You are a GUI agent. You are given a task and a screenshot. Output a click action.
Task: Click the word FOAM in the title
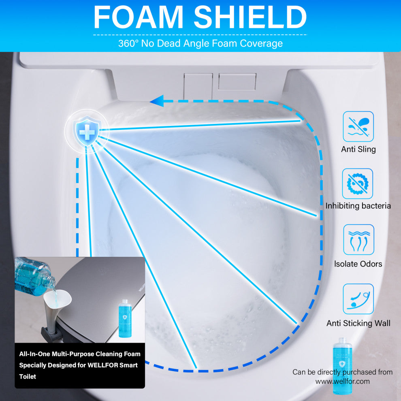tap(139, 17)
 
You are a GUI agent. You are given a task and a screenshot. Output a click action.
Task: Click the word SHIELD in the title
tap(250, 17)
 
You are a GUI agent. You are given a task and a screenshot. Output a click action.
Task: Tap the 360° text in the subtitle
tap(128, 43)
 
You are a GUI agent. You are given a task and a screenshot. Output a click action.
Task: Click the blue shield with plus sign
tap(87, 131)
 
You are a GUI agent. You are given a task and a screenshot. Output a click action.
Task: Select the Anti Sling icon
tap(358, 127)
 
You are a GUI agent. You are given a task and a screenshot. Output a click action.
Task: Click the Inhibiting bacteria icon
tap(358, 183)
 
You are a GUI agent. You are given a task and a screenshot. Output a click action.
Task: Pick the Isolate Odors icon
tap(358, 240)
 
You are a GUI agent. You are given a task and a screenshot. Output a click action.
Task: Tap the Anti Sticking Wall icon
tap(358, 299)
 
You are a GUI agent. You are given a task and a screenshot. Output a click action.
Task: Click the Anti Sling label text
tap(358, 149)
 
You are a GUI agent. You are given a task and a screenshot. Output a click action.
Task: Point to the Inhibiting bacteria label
tap(358, 206)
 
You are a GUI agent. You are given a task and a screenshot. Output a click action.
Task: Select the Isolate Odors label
tap(358, 264)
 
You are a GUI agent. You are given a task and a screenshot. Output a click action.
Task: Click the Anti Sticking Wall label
tap(358, 323)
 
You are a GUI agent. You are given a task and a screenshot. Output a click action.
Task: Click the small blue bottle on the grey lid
tap(125, 318)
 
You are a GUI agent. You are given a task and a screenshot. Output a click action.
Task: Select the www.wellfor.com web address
tap(342, 381)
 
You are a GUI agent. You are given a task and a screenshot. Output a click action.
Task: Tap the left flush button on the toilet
tap(198, 86)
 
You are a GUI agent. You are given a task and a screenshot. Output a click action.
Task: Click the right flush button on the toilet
tap(237, 81)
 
